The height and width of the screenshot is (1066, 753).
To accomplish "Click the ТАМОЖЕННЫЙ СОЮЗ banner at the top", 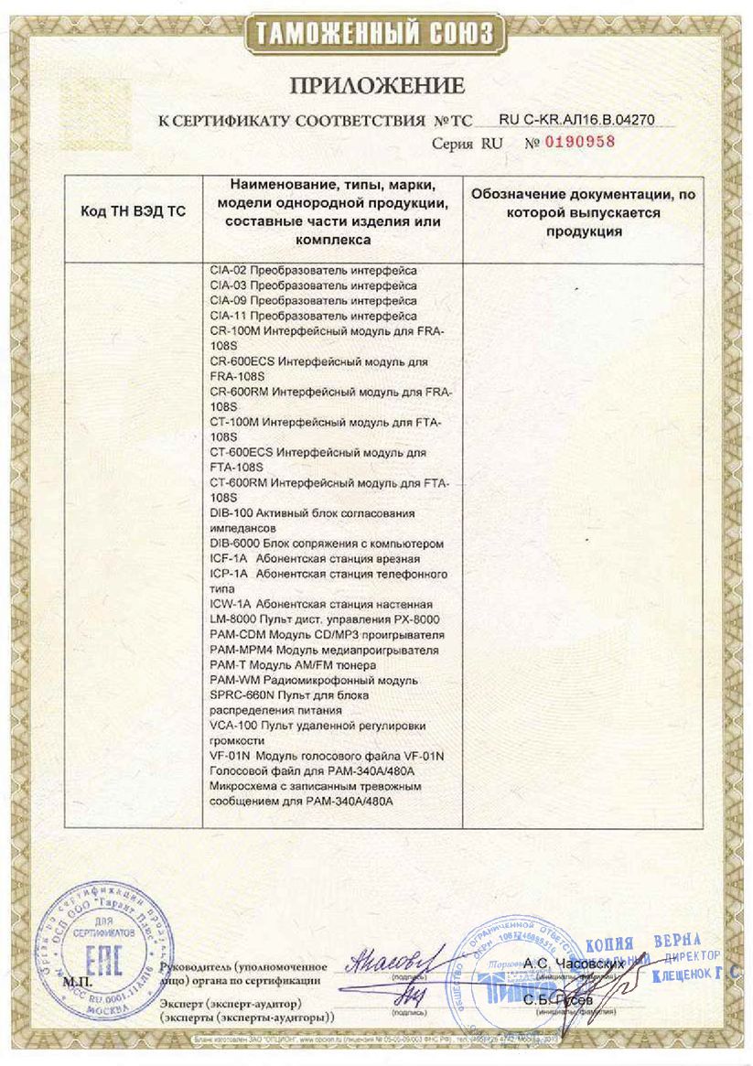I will tap(376, 35).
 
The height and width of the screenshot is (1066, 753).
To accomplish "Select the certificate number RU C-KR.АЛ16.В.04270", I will tap(576, 119).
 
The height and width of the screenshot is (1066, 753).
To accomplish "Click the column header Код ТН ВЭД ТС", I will tap(134, 211).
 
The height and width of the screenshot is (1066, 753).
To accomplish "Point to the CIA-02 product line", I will tap(313, 271).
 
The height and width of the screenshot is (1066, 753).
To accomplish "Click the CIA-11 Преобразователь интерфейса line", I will tap(313, 315).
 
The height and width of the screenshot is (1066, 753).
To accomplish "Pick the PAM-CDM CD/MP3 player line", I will tap(327, 634).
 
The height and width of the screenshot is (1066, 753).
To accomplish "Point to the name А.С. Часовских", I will tap(574, 963).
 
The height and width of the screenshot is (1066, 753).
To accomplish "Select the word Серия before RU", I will tap(453, 144).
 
